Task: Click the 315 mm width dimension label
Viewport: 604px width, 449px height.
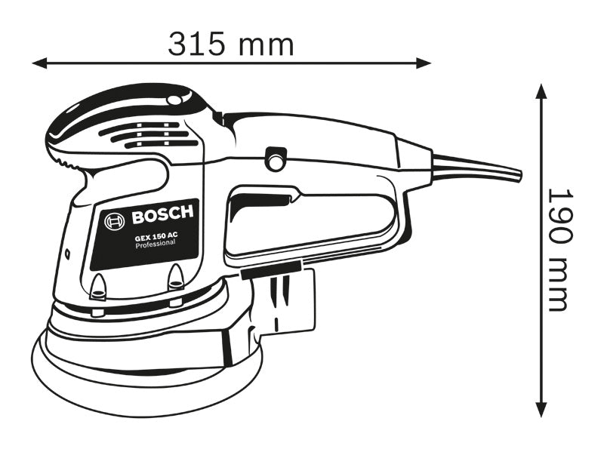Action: pos(230,45)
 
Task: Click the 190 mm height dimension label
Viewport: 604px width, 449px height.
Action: pos(559,250)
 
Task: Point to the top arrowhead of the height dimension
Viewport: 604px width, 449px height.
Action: pos(541,91)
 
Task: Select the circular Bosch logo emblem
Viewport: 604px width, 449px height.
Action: pos(115,222)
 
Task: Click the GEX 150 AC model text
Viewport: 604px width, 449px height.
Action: pos(157,235)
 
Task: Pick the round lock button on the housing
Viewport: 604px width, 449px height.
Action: pos(276,161)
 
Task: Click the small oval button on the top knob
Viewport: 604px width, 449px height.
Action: pos(175,99)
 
